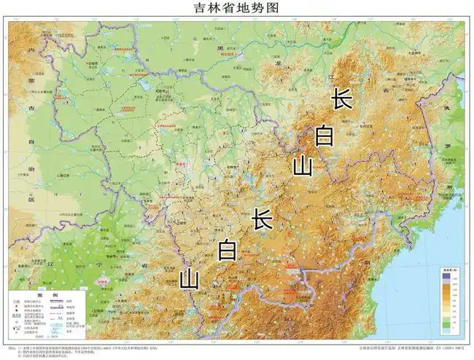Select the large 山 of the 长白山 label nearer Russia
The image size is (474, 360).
click(x=302, y=166)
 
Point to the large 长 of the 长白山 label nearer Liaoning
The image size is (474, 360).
click(x=263, y=219)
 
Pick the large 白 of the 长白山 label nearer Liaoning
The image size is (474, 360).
click(x=228, y=250)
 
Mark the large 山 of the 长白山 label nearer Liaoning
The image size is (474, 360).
click(x=190, y=278)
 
